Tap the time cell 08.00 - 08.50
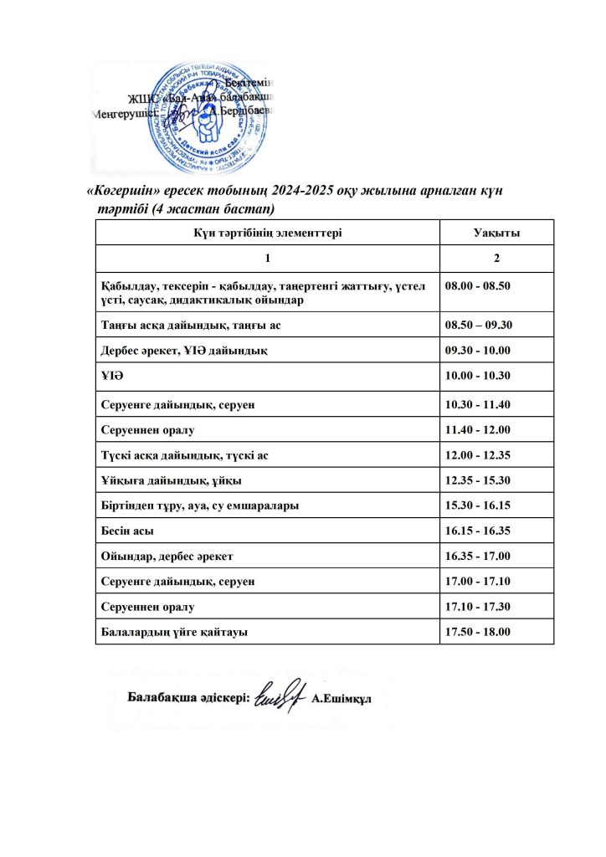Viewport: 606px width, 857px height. coord(479,285)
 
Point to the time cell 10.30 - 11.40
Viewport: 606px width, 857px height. coord(479,405)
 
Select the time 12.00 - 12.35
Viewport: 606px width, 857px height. coord(479,455)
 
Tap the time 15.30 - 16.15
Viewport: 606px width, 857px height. coord(479,506)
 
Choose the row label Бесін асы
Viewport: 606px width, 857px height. coord(127,531)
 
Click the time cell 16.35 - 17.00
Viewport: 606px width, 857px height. coord(479,557)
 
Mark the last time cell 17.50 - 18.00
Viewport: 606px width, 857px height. coord(479,632)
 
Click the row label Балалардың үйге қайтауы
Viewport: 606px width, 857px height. coord(173,632)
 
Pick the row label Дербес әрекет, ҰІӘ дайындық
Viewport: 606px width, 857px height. coord(183,351)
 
